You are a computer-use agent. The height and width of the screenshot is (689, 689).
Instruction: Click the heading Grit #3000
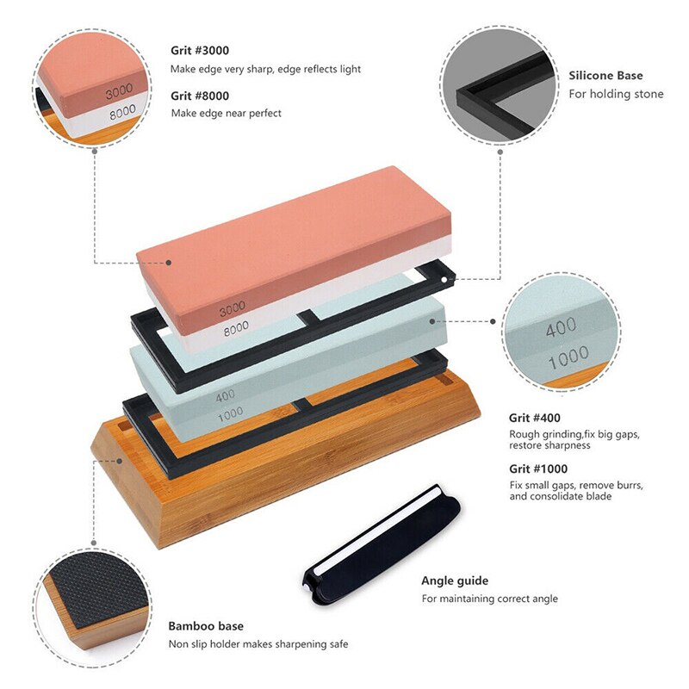pos(200,50)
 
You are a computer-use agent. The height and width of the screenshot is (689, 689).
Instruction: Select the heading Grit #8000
pos(200,96)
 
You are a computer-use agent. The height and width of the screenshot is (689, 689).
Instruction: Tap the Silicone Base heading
pos(605,76)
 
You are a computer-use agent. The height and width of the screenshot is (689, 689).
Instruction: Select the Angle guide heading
pos(455,580)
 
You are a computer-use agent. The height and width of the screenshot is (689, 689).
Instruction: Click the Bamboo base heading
pos(206,626)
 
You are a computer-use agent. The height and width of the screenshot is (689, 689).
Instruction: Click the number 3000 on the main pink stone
pos(233,307)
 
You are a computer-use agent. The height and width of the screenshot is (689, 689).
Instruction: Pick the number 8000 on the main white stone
pos(234,326)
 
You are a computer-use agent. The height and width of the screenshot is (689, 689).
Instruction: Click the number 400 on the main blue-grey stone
pos(226,395)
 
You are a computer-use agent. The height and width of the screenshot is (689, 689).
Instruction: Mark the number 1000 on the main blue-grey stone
pos(228,413)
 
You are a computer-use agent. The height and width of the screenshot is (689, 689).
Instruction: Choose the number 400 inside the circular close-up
pos(561,329)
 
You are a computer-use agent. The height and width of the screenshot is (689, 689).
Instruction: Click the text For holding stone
pos(616,94)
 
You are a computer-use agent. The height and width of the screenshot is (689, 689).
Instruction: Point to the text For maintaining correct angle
pos(489,599)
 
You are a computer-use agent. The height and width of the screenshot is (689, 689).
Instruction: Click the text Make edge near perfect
pos(227,113)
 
